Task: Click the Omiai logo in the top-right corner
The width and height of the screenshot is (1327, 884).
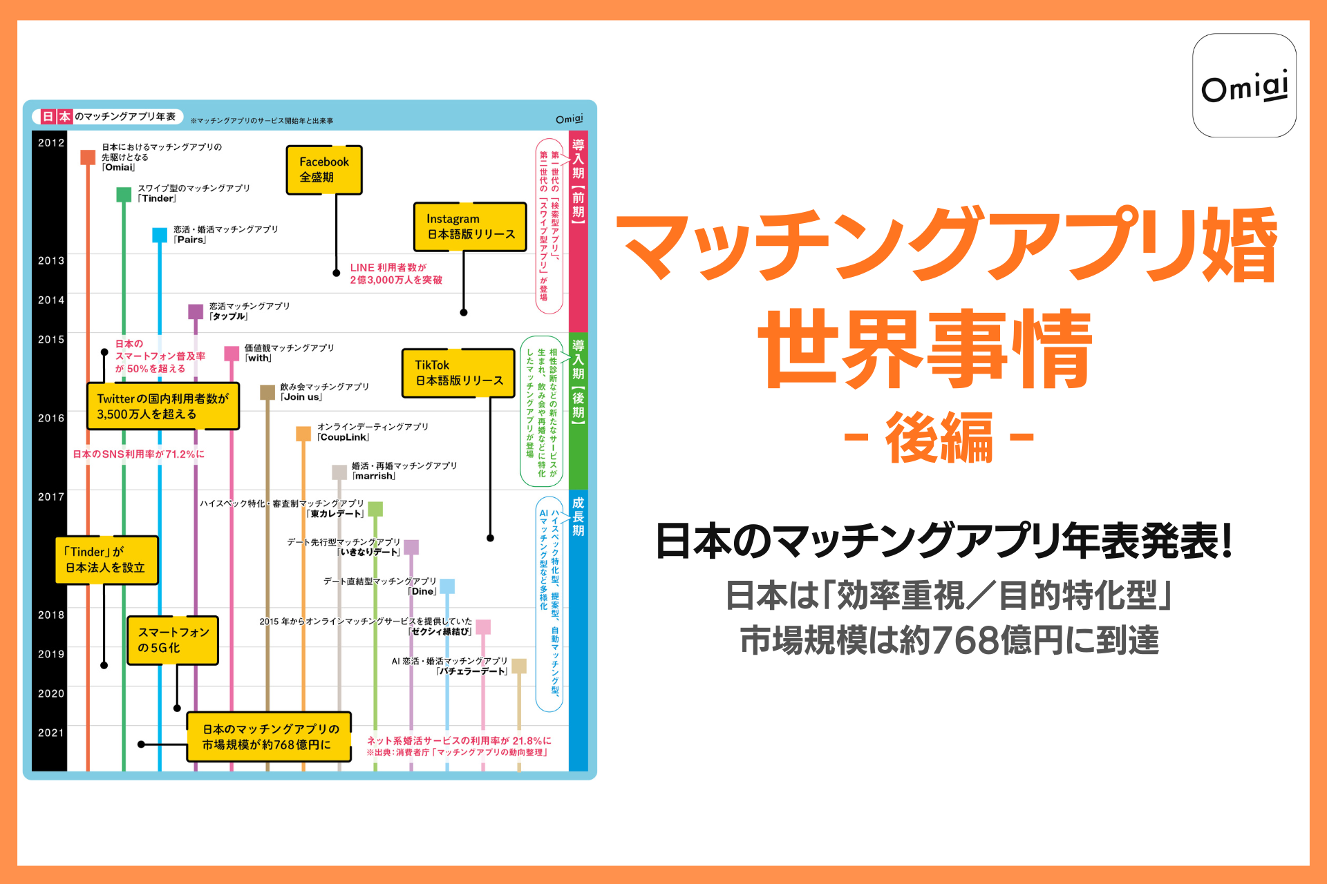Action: (x=1243, y=86)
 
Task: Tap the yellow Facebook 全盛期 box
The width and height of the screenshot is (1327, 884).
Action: (x=324, y=170)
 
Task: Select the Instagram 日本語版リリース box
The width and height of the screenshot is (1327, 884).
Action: (x=470, y=227)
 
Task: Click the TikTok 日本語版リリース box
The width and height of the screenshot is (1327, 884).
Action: (x=458, y=373)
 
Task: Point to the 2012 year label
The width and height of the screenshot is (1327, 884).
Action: (x=51, y=143)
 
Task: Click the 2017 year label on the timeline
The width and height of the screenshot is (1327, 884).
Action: (x=51, y=497)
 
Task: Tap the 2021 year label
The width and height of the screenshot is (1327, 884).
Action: (x=51, y=733)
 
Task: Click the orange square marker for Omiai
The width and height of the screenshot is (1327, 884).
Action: (x=88, y=157)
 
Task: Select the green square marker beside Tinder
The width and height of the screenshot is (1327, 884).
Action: (x=124, y=195)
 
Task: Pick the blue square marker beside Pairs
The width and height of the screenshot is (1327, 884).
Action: (x=160, y=235)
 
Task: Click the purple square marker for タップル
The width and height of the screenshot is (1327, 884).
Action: (x=196, y=311)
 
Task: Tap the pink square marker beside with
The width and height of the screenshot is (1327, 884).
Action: (x=232, y=354)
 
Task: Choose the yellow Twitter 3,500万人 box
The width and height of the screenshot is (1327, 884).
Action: (x=163, y=407)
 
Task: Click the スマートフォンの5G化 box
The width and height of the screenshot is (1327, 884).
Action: (x=173, y=640)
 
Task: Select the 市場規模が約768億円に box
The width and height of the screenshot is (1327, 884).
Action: (x=268, y=737)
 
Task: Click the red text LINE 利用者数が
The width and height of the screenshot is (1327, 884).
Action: (x=388, y=268)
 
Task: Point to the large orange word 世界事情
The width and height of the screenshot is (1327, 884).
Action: (x=926, y=349)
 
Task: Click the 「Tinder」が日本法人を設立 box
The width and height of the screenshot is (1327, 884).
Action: (x=106, y=560)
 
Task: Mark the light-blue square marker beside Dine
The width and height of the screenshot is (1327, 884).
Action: (x=447, y=587)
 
